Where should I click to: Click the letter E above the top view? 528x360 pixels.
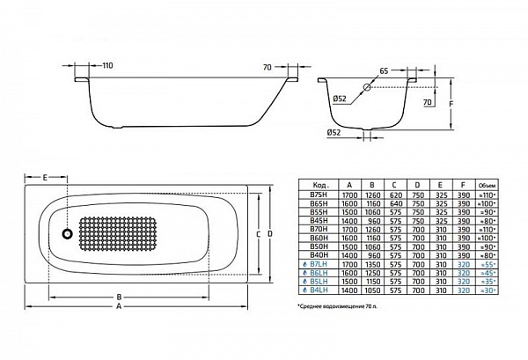coord(44,178)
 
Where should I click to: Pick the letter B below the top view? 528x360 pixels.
coord(119,297)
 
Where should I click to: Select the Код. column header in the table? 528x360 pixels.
coord(319,185)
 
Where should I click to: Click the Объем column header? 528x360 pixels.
coord(486,185)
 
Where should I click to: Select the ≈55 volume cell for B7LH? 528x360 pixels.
coord(486,263)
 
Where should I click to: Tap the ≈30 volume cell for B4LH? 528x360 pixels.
coord(486,290)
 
